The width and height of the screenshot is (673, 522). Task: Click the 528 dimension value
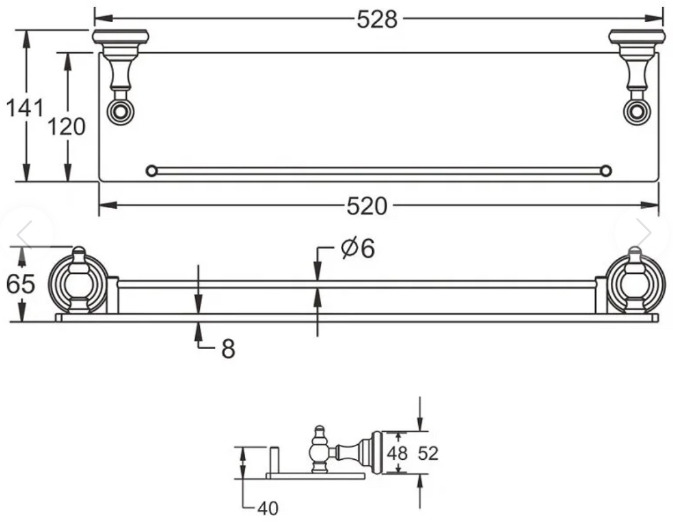click(377, 19)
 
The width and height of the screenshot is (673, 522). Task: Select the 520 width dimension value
click(367, 206)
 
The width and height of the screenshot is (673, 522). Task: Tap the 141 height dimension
click(25, 108)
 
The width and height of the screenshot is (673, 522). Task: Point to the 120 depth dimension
click(66, 127)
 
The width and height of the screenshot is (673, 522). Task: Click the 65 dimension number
click(20, 284)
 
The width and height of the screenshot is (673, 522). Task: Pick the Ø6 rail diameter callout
click(358, 248)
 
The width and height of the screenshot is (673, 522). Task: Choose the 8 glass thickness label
click(229, 348)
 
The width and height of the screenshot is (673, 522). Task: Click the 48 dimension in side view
click(397, 453)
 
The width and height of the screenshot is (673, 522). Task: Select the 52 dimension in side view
click(428, 453)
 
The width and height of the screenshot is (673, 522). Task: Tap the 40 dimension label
click(268, 508)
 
